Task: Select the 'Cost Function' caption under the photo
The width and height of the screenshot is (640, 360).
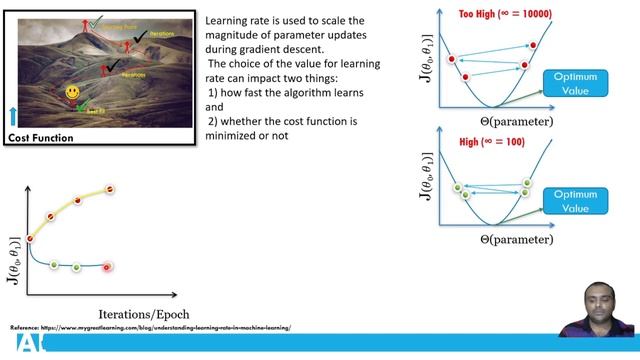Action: coord(41,138)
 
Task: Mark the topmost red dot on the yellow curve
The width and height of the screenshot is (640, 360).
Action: coord(110,189)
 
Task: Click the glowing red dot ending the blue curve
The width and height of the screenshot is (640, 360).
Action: coord(107,267)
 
